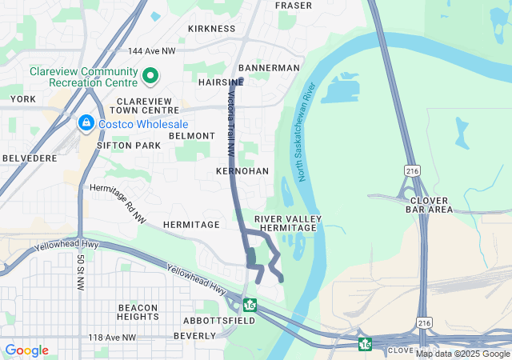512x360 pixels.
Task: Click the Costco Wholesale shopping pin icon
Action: pyautogui.click(x=86, y=123)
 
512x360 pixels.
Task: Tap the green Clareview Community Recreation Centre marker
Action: pyautogui.click(x=150, y=77)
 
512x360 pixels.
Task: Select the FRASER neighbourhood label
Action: pyautogui.click(x=294, y=6)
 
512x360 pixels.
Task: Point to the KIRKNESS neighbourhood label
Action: pyautogui.click(x=212, y=29)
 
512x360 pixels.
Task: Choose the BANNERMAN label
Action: pyautogui.click(x=269, y=68)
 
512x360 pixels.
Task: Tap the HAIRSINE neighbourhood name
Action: pyautogui.click(x=220, y=82)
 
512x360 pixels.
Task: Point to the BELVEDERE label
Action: pyautogui.click(x=29, y=159)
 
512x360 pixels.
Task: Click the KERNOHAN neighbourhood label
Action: pyautogui.click(x=242, y=172)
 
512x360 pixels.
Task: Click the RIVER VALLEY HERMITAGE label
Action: pyautogui.click(x=288, y=223)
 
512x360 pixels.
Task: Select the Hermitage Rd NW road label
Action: pyautogui.click(x=118, y=200)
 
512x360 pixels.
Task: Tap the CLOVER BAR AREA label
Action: pyautogui.click(x=430, y=205)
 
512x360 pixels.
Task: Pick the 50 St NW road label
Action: pyautogui.click(x=81, y=272)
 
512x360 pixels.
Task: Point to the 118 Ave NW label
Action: pyautogui.click(x=112, y=338)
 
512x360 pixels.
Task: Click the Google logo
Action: pyautogui.click(x=26, y=350)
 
